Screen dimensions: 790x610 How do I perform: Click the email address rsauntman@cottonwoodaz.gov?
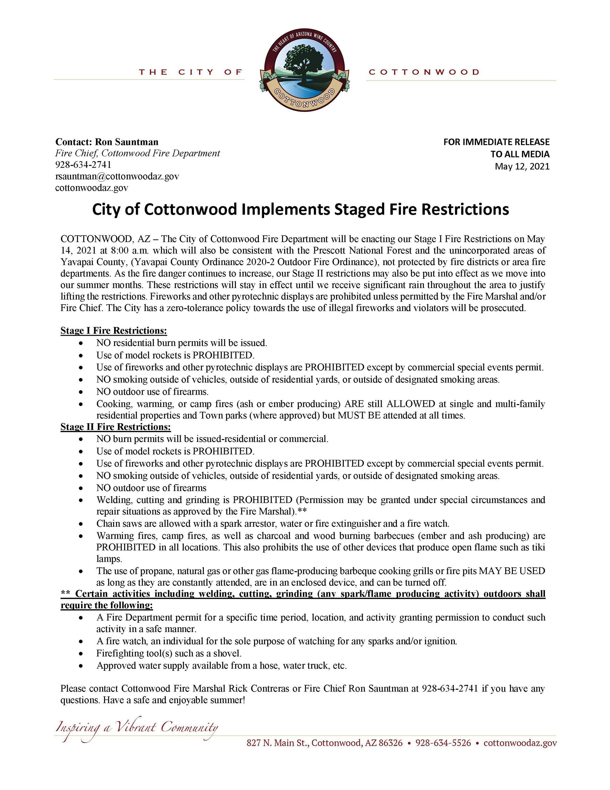pyautogui.click(x=117, y=176)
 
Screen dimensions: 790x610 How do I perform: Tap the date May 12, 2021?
pyautogui.click(x=522, y=167)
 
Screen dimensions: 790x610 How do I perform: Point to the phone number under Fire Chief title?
pyautogui.click(x=83, y=165)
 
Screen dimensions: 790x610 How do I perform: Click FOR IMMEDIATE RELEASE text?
pyautogui.click(x=496, y=142)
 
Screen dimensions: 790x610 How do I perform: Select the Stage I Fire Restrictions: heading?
pyautogui.click(x=114, y=331)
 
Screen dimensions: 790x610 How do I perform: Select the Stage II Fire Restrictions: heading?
pyautogui.click(x=115, y=427)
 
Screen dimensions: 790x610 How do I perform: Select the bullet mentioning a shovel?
pyautogui.click(x=169, y=653)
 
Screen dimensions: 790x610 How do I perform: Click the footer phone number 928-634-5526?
pyautogui.click(x=443, y=743)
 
